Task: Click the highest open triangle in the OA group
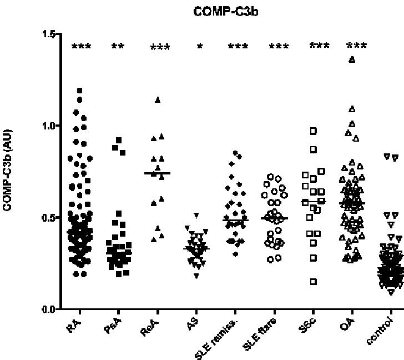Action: coord(351,59)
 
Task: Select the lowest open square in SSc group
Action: coord(313,282)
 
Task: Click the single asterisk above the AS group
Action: coord(200,46)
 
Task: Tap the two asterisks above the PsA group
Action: coord(118,46)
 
